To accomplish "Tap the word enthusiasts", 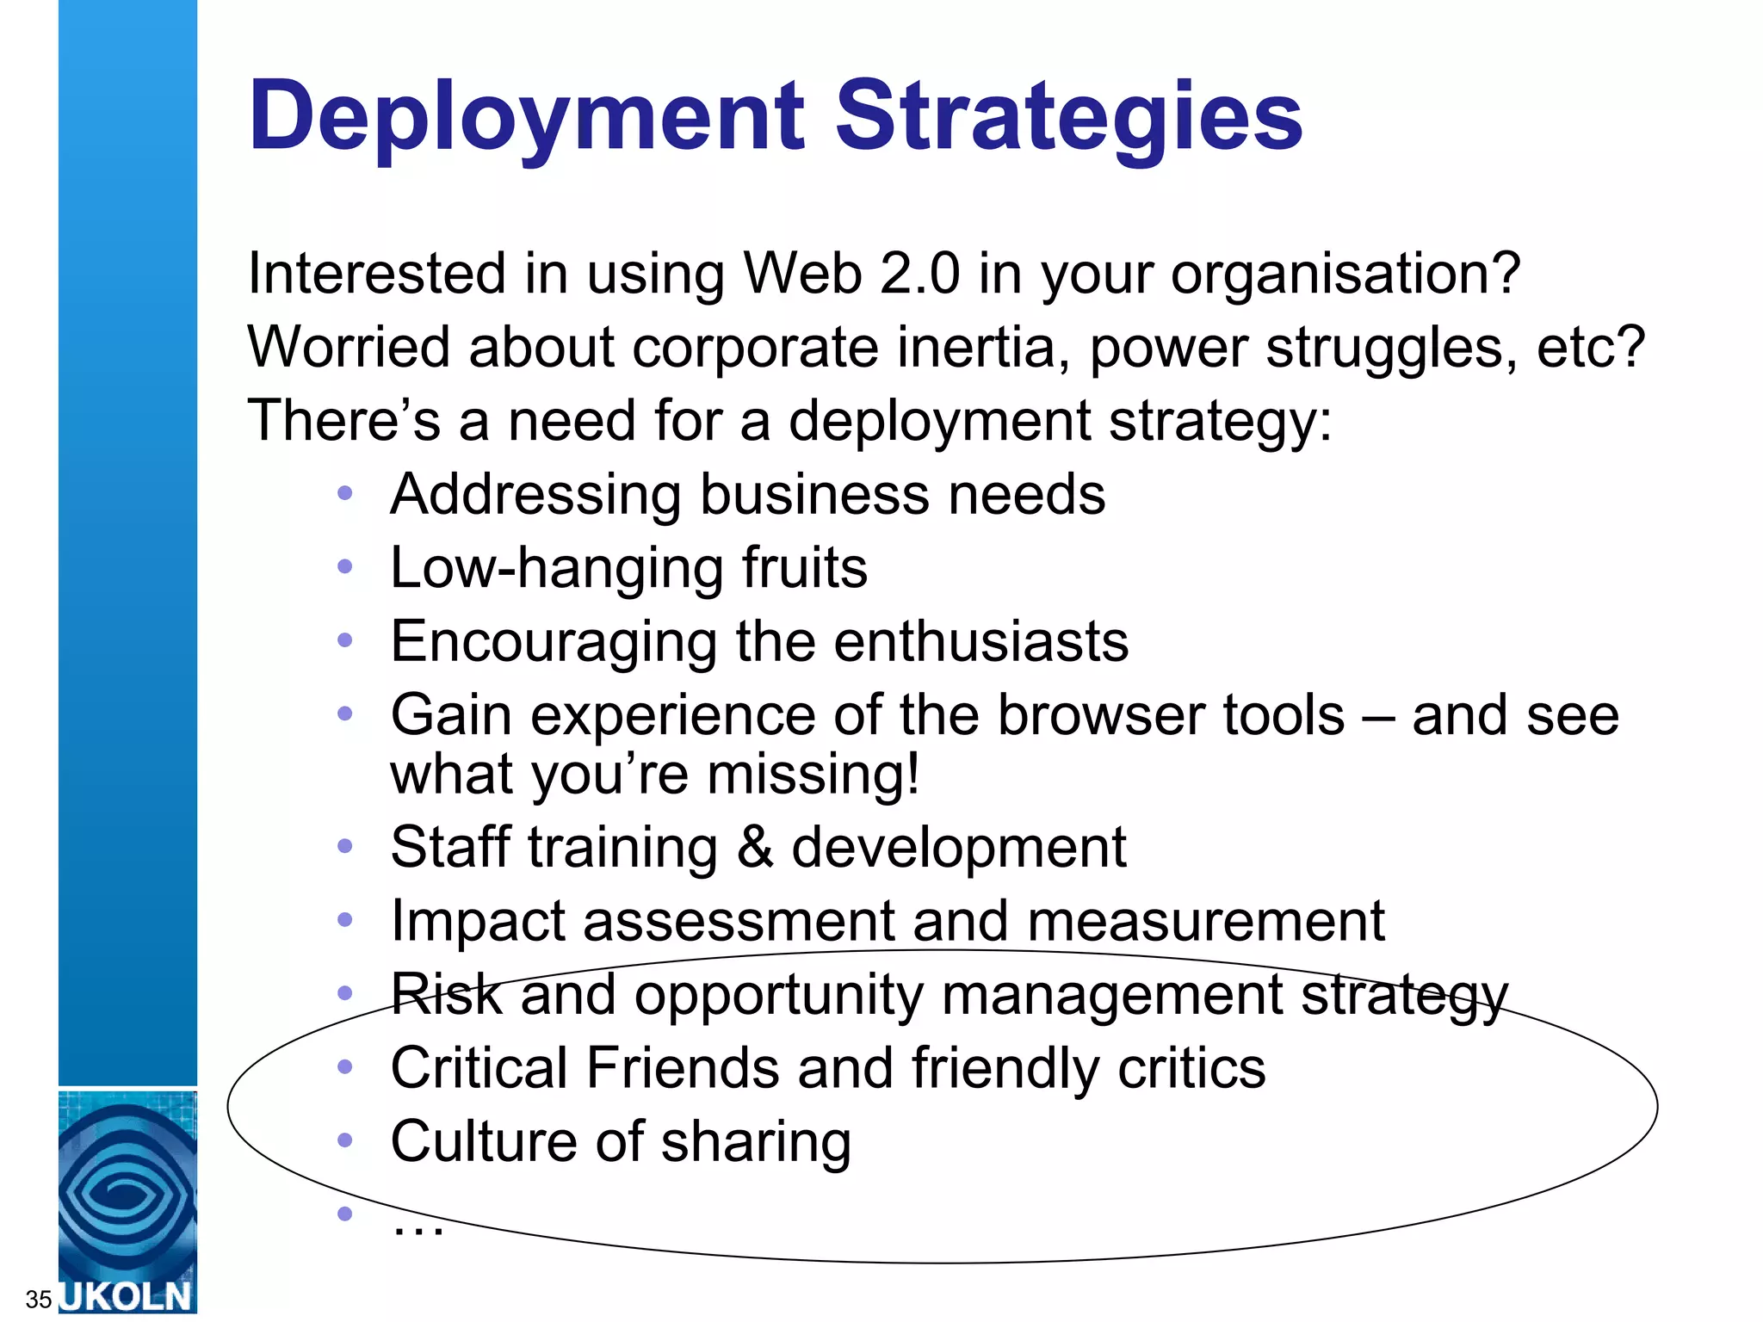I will click(980, 641).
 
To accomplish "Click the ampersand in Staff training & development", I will click(754, 847).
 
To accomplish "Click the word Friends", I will click(683, 1068).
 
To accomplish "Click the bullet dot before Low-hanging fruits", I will click(345, 566).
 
